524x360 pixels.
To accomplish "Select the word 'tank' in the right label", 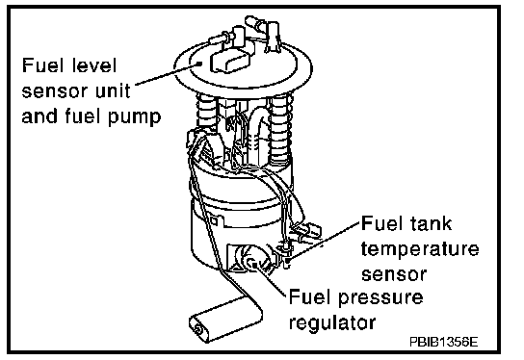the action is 431,222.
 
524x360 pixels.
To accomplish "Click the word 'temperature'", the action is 420,249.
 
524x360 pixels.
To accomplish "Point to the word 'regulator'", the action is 332,322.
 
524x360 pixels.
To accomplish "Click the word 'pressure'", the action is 380,297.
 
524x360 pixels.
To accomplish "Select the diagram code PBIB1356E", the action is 443,343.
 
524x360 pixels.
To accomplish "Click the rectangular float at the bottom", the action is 226,319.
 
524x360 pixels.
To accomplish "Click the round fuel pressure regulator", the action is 251,258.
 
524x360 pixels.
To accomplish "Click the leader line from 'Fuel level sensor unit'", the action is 167,73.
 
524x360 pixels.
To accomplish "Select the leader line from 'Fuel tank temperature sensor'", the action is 326,240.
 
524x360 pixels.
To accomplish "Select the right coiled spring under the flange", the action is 280,129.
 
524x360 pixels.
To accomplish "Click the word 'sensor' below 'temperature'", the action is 394,275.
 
